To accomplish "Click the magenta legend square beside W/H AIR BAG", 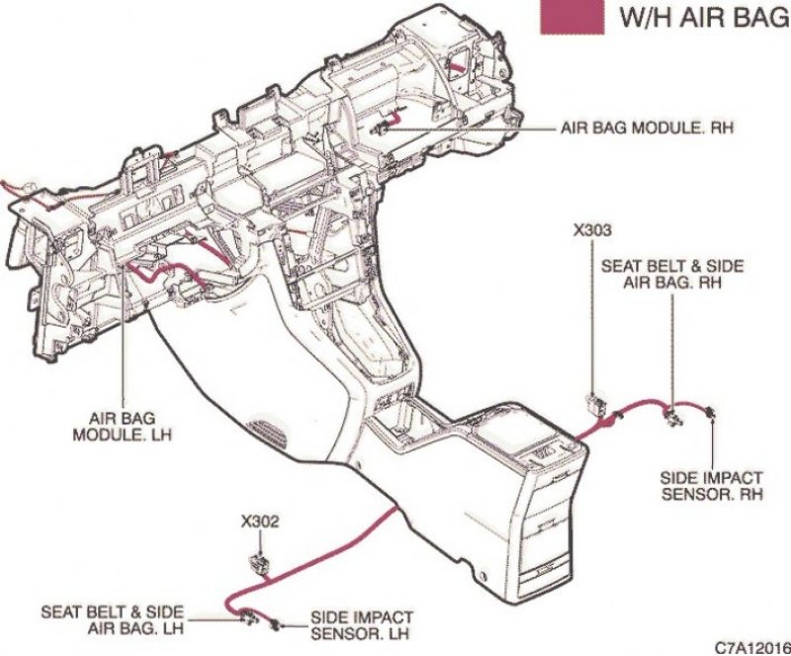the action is point(572,17).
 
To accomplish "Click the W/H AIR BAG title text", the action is point(705,17).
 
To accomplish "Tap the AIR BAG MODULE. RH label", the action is point(648,128).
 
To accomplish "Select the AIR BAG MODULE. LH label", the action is point(122,426).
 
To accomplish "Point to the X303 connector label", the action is point(592,231).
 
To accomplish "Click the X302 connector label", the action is point(260,521).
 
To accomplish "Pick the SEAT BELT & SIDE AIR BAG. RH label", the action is point(672,274).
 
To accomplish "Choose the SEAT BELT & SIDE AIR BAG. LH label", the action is point(112,620).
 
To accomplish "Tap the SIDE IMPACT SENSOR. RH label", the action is point(711,486).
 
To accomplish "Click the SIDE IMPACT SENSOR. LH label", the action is point(361,625).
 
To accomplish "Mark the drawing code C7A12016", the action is point(752,647).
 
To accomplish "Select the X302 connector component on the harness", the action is point(261,564).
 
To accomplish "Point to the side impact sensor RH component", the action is point(711,412).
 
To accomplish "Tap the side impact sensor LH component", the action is point(276,624).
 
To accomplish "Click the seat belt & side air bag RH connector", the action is point(672,417).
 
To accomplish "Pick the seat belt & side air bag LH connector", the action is point(248,616).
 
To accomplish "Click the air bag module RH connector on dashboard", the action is point(380,130).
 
